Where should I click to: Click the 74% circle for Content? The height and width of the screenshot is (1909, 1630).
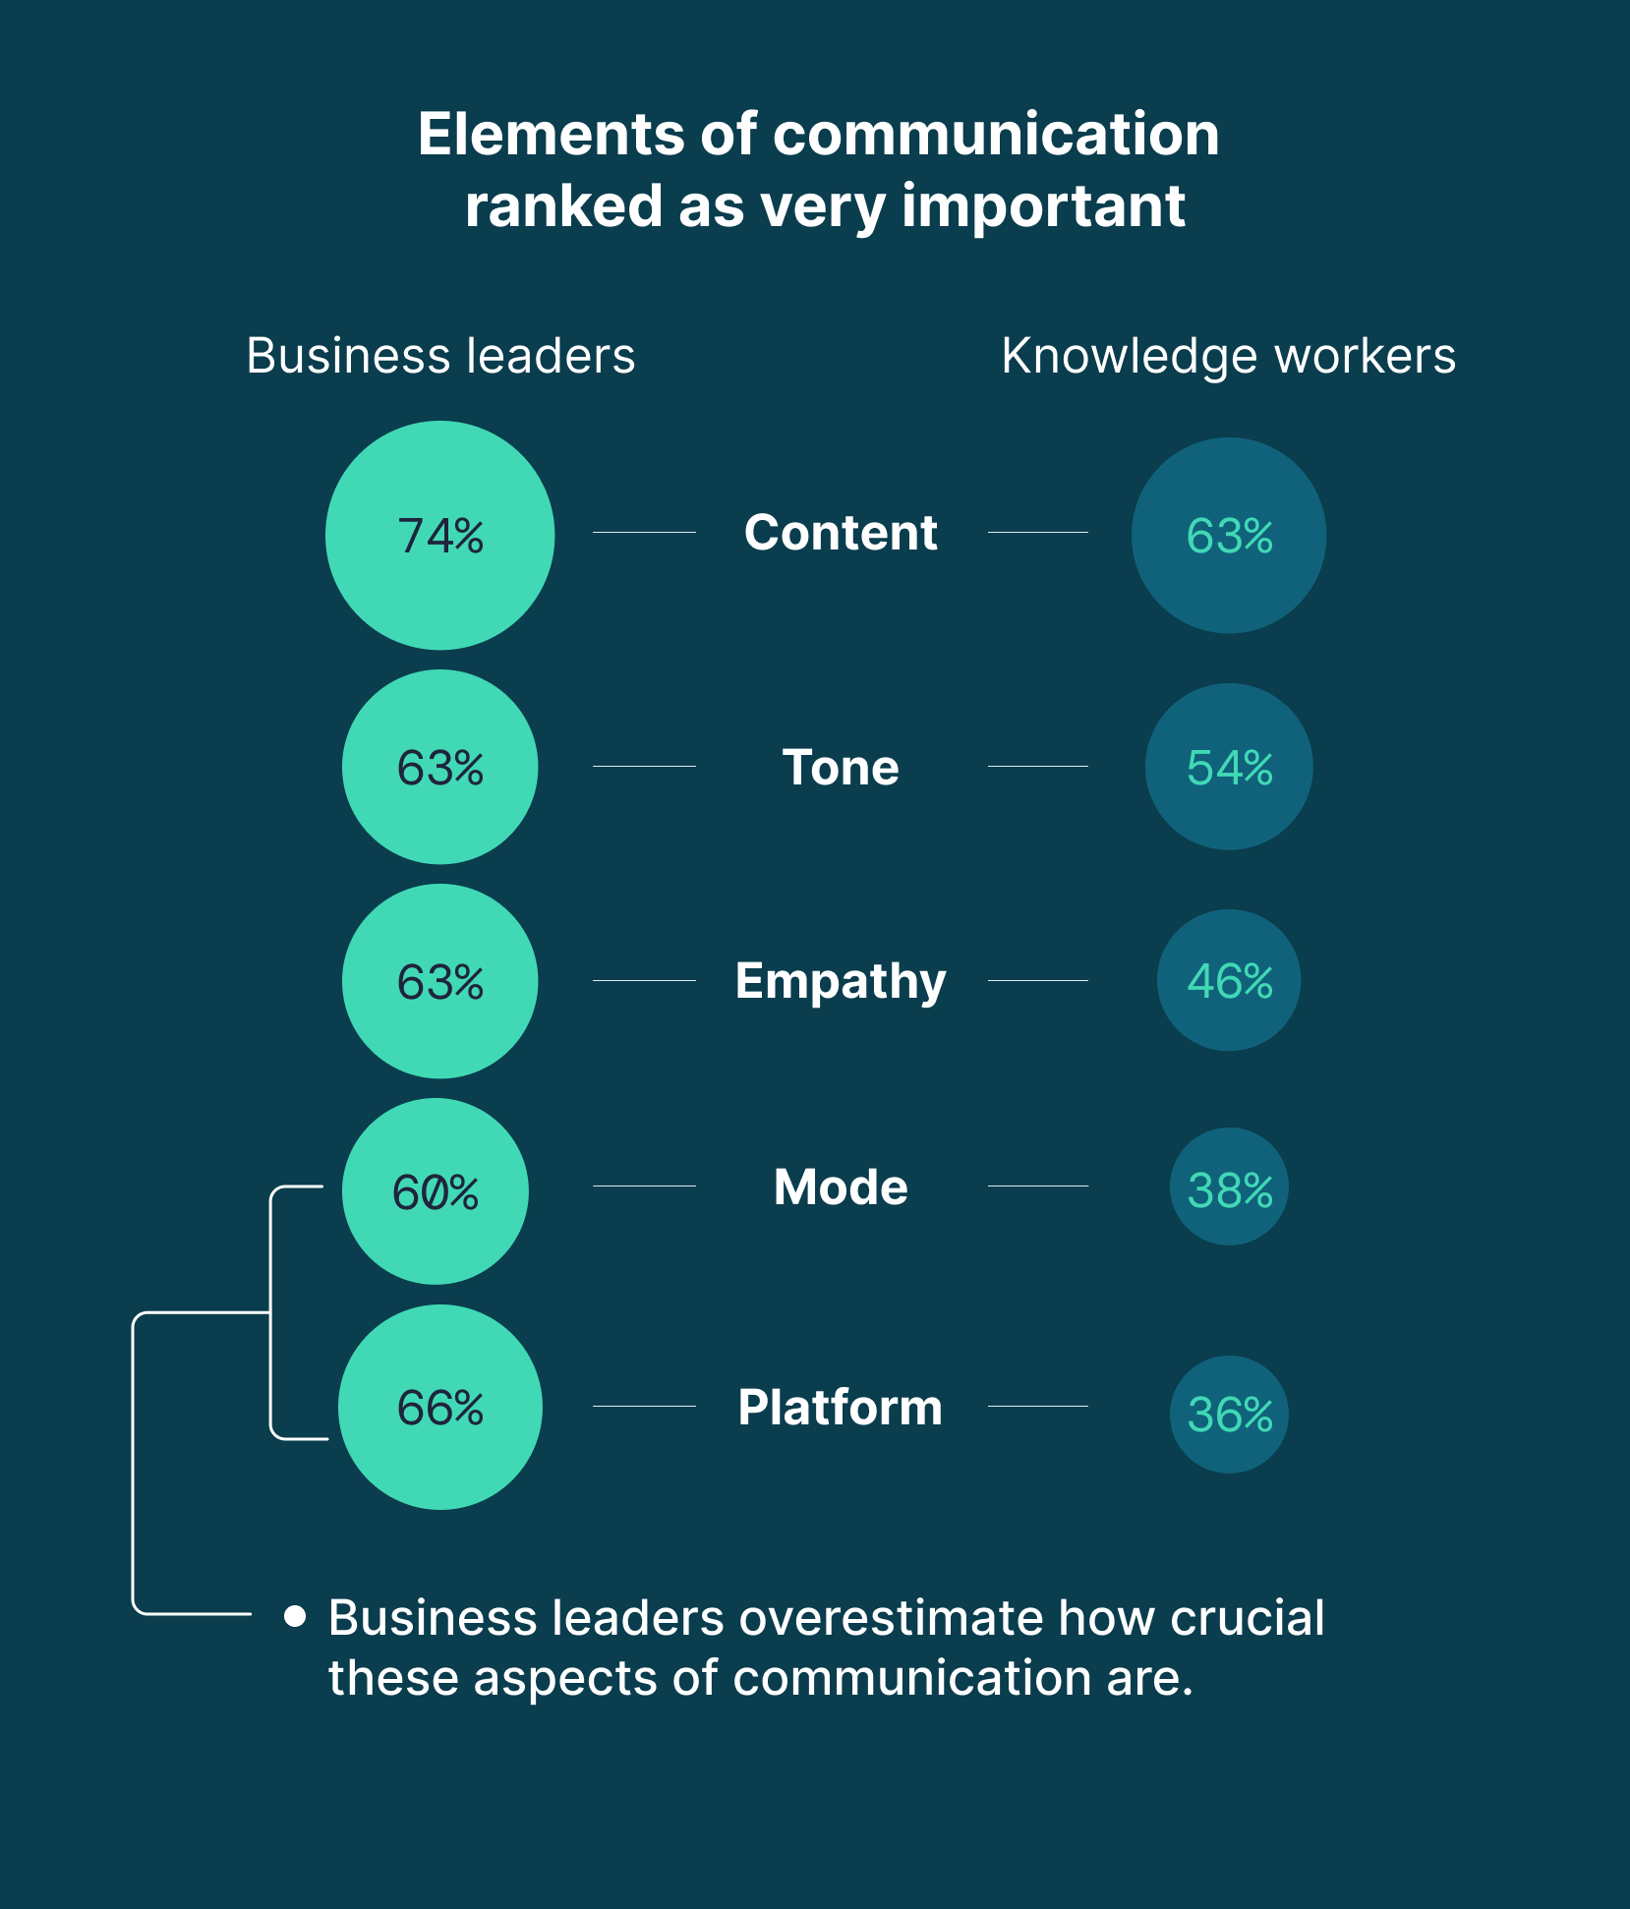[x=439, y=536]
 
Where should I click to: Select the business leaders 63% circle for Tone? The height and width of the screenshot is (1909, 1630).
[x=439, y=767]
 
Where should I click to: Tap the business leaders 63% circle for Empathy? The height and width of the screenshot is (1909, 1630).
[x=439, y=981]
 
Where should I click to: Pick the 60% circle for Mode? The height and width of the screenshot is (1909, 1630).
[x=436, y=1191]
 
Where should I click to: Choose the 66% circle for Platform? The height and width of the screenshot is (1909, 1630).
[x=439, y=1407]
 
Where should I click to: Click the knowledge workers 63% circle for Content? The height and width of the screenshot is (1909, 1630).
[x=1229, y=536]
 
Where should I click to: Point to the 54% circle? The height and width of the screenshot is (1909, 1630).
[x=1229, y=767]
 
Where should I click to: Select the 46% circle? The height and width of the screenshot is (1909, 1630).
[x=1229, y=981]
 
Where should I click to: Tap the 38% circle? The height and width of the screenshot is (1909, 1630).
[x=1229, y=1187]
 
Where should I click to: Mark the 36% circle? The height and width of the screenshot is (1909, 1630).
[x=1229, y=1414]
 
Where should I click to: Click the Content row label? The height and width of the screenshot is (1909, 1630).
[x=841, y=533]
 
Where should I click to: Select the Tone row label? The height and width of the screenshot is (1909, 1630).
[x=841, y=767]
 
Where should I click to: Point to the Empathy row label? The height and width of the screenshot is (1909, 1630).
[x=841, y=981]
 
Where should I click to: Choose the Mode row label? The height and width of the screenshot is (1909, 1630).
[x=841, y=1186]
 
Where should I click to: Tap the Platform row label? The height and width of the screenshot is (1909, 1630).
[x=841, y=1407]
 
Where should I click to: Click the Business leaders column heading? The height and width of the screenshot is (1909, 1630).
[x=440, y=356]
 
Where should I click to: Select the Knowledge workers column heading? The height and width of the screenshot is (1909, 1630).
[x=1228, y=356]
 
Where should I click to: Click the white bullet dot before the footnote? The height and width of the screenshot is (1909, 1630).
[x=294, y=1616]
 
